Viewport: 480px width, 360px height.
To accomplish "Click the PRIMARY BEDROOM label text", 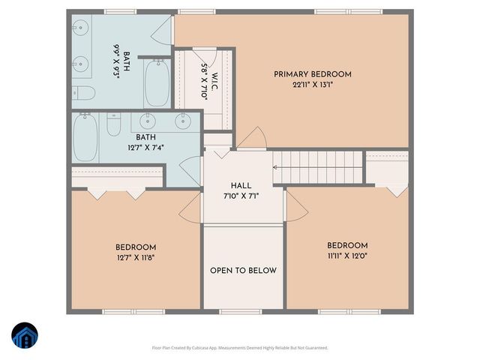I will [x=312, y=74].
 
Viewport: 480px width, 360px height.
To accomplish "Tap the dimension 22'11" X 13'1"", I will [x=312, y=85].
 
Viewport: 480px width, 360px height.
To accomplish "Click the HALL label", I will [x=241, y=185].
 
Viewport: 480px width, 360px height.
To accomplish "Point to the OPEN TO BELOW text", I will [x=243, y=271].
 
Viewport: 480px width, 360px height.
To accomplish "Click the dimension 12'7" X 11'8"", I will [x=136, y=258].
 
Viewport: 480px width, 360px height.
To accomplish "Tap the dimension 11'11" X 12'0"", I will [x=347, y=256].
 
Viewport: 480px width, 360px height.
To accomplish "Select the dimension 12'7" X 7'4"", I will [x=146, y=148].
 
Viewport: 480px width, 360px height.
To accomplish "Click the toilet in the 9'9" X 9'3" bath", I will [x=84, y=93].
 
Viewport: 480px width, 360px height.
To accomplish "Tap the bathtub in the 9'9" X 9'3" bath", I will [x=157, y=82].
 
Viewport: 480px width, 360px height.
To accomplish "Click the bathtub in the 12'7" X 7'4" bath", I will [x=85, y=137].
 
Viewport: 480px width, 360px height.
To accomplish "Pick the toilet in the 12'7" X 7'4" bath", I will [x=114, y=124].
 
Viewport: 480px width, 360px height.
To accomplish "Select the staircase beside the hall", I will [x=318, y=167].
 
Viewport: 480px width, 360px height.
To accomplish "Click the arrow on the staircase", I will [x=277, y=167].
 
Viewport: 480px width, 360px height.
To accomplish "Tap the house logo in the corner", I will [x=25, y=337].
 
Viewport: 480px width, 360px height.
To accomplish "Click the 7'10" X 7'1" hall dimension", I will [x=241, y=196].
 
